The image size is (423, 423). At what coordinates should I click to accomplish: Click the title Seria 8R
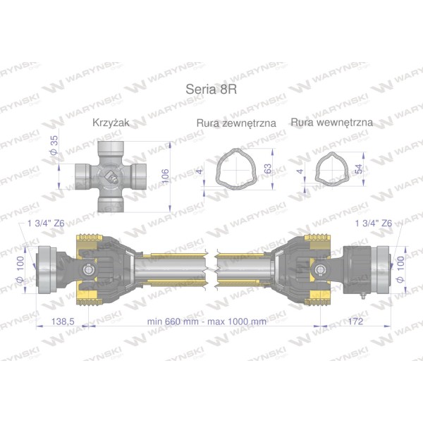pyautogui.click(x=211, y=89)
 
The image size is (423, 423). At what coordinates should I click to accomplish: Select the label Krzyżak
pyautogui.click(x=111, y=123)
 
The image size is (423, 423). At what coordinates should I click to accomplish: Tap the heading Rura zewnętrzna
pyautogui.click(x=236, y=123)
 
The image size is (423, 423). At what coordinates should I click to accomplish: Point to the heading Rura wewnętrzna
pyautogui.click(x=332, y=122)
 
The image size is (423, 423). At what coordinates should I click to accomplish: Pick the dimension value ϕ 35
pyautogui.click(x=54, y=145)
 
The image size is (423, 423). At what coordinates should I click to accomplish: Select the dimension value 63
pyautogui.click(x=268, y=168)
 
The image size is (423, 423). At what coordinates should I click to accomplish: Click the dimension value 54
pyautogui.click(x=360, y=169)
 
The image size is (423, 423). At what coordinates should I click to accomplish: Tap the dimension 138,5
pyautogui.click(x=63, y=321)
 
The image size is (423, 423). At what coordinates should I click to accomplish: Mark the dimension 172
pyautogui.click(x=355, y=321)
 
